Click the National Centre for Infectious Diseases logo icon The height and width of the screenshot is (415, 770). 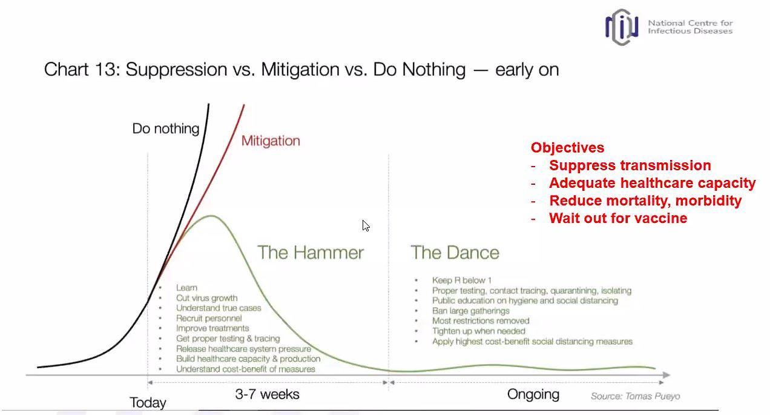coord(622,27)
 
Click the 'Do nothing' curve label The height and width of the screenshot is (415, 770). coord(166,128)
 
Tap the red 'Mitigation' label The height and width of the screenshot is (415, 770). coord(271,141)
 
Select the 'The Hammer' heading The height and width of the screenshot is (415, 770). coord(311,253)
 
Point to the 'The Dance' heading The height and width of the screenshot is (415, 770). coord(455,253)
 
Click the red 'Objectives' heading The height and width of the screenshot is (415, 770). coord(568,148)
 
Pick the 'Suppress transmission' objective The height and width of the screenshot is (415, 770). coord(630,165)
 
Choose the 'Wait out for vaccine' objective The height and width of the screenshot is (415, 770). coord(618,218)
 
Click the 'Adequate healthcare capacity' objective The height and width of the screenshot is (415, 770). coord(653,183)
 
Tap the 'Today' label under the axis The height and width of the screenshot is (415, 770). coord(148,402)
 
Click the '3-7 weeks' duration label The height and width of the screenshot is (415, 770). coord(267,394)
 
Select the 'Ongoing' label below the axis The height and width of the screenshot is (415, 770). coord(533,394)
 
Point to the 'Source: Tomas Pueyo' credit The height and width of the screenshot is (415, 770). coord(635,396)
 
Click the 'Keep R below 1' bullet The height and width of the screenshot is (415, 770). coord(462,281)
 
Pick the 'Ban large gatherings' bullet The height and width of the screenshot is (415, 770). coord(470,311)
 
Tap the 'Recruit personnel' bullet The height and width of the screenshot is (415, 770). coord(209,318)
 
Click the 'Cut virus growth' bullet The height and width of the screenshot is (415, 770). coord(206,298)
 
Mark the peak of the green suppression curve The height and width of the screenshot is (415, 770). coord(211,216)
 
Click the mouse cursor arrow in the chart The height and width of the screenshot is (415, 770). coord(366,226)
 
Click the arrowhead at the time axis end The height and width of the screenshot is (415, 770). coord(666,375)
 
